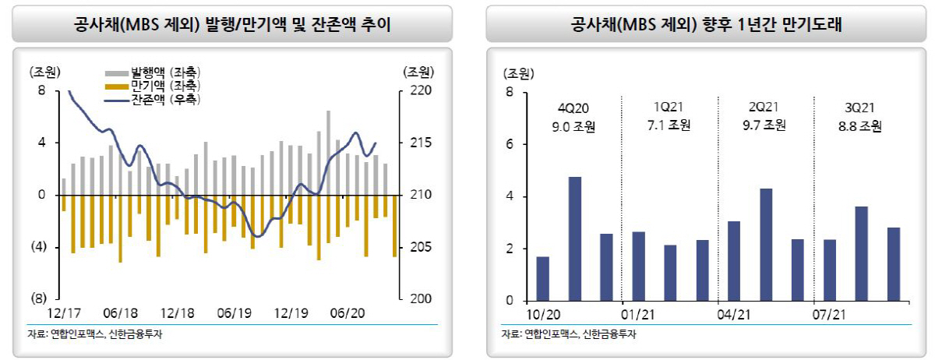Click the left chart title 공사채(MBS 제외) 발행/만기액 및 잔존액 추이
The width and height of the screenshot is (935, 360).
(x=231, y=24)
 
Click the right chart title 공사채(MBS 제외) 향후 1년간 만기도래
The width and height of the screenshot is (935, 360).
(x=707, y=24)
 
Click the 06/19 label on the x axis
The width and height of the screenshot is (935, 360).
(x=235, y=313)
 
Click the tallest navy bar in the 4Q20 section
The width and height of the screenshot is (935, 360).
(x=575, y=238)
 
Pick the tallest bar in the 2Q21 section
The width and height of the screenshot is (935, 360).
(x=766, y=244)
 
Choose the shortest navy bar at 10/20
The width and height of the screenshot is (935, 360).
(x=543, y=278)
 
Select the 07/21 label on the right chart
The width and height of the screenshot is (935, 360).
(x=830, y=314)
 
